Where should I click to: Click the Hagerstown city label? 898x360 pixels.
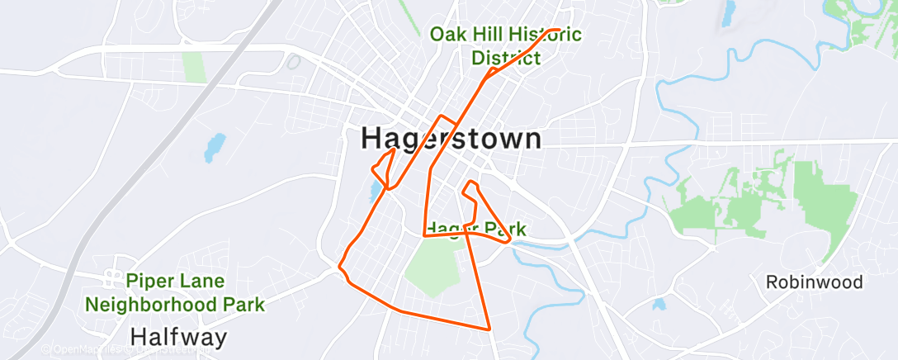coord(451,139)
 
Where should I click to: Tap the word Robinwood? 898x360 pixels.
coord(814,282)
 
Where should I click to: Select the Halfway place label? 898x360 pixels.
coord(179,336)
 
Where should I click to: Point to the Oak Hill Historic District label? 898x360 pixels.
coord(506,46)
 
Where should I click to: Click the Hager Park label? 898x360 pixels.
coord(475,229)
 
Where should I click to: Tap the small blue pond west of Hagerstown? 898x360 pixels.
coord(215,147)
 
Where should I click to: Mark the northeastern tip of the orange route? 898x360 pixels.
coord(560,31)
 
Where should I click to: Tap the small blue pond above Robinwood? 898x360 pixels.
coord(658,305)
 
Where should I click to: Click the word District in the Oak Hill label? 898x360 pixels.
coord(506,58)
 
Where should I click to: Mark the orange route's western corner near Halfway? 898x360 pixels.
coord(341,266)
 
